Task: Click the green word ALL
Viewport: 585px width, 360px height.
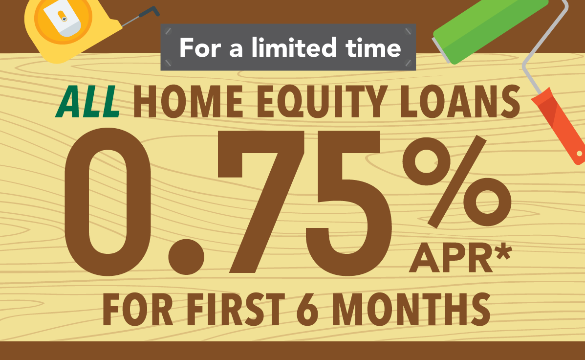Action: tap(87, 102)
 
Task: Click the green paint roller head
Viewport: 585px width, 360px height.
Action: tap(489, 30)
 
